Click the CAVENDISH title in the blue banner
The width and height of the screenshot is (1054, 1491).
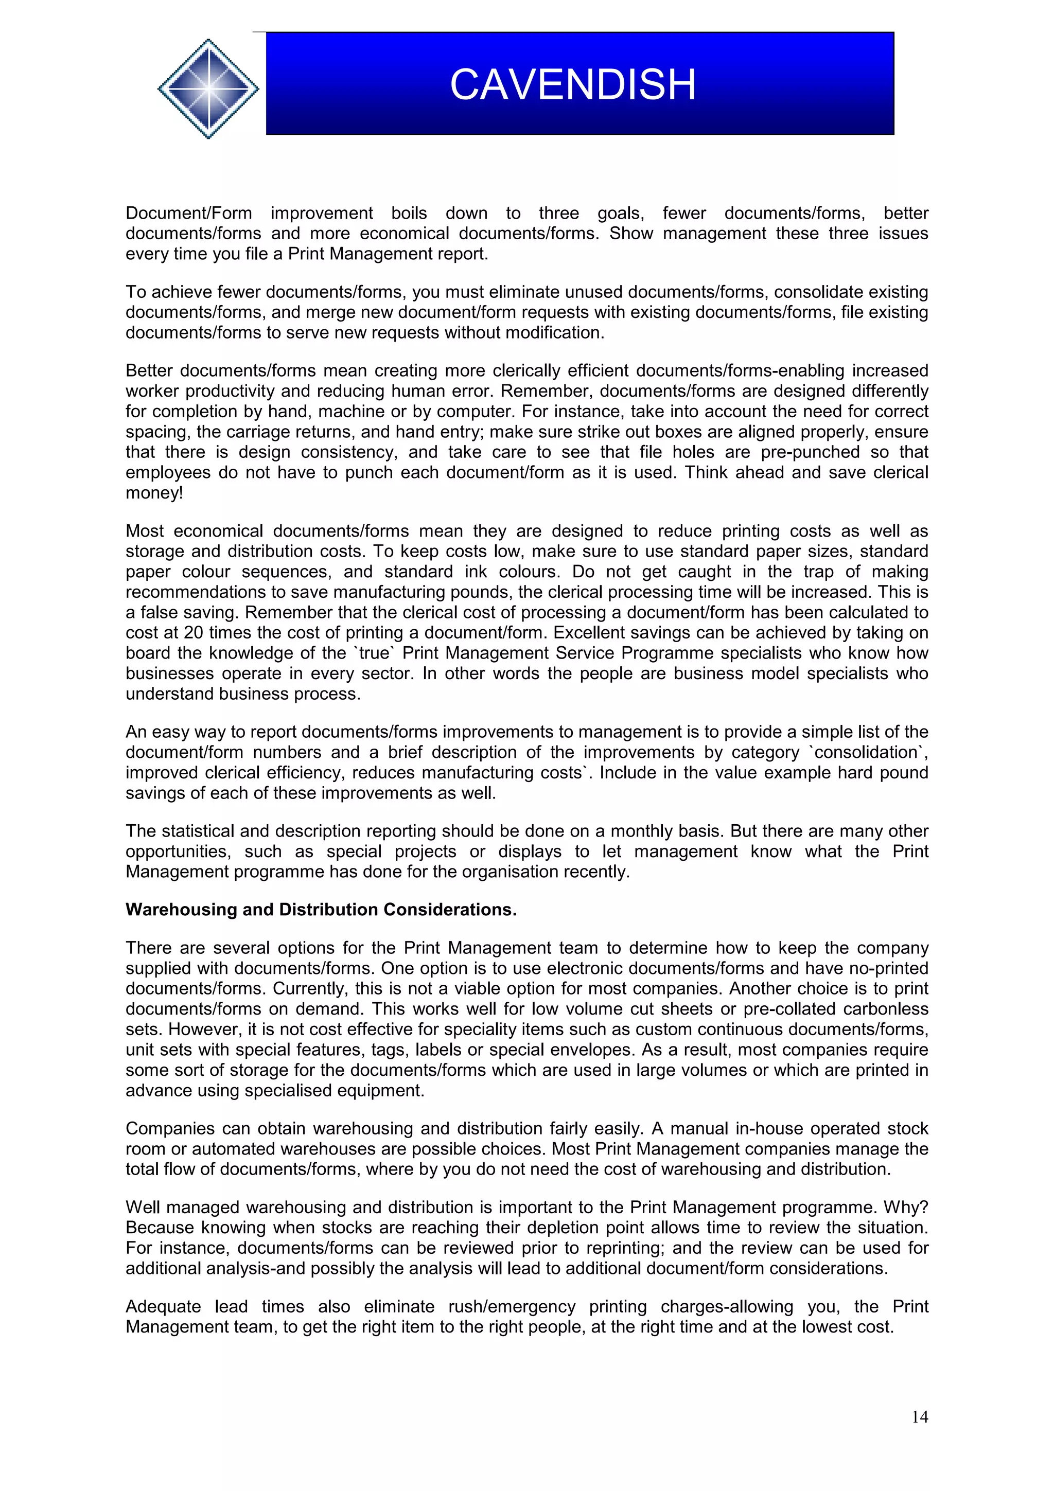tap(572, 85)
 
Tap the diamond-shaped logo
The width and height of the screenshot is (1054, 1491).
tap(208, 88)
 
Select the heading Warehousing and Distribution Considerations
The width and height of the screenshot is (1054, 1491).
tap(321, 910)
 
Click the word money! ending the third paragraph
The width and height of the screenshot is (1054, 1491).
tap(154, 493)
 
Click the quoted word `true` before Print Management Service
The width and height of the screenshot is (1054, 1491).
tap(374, 653)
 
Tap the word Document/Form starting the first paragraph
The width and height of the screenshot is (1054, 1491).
tap(188, 213)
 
